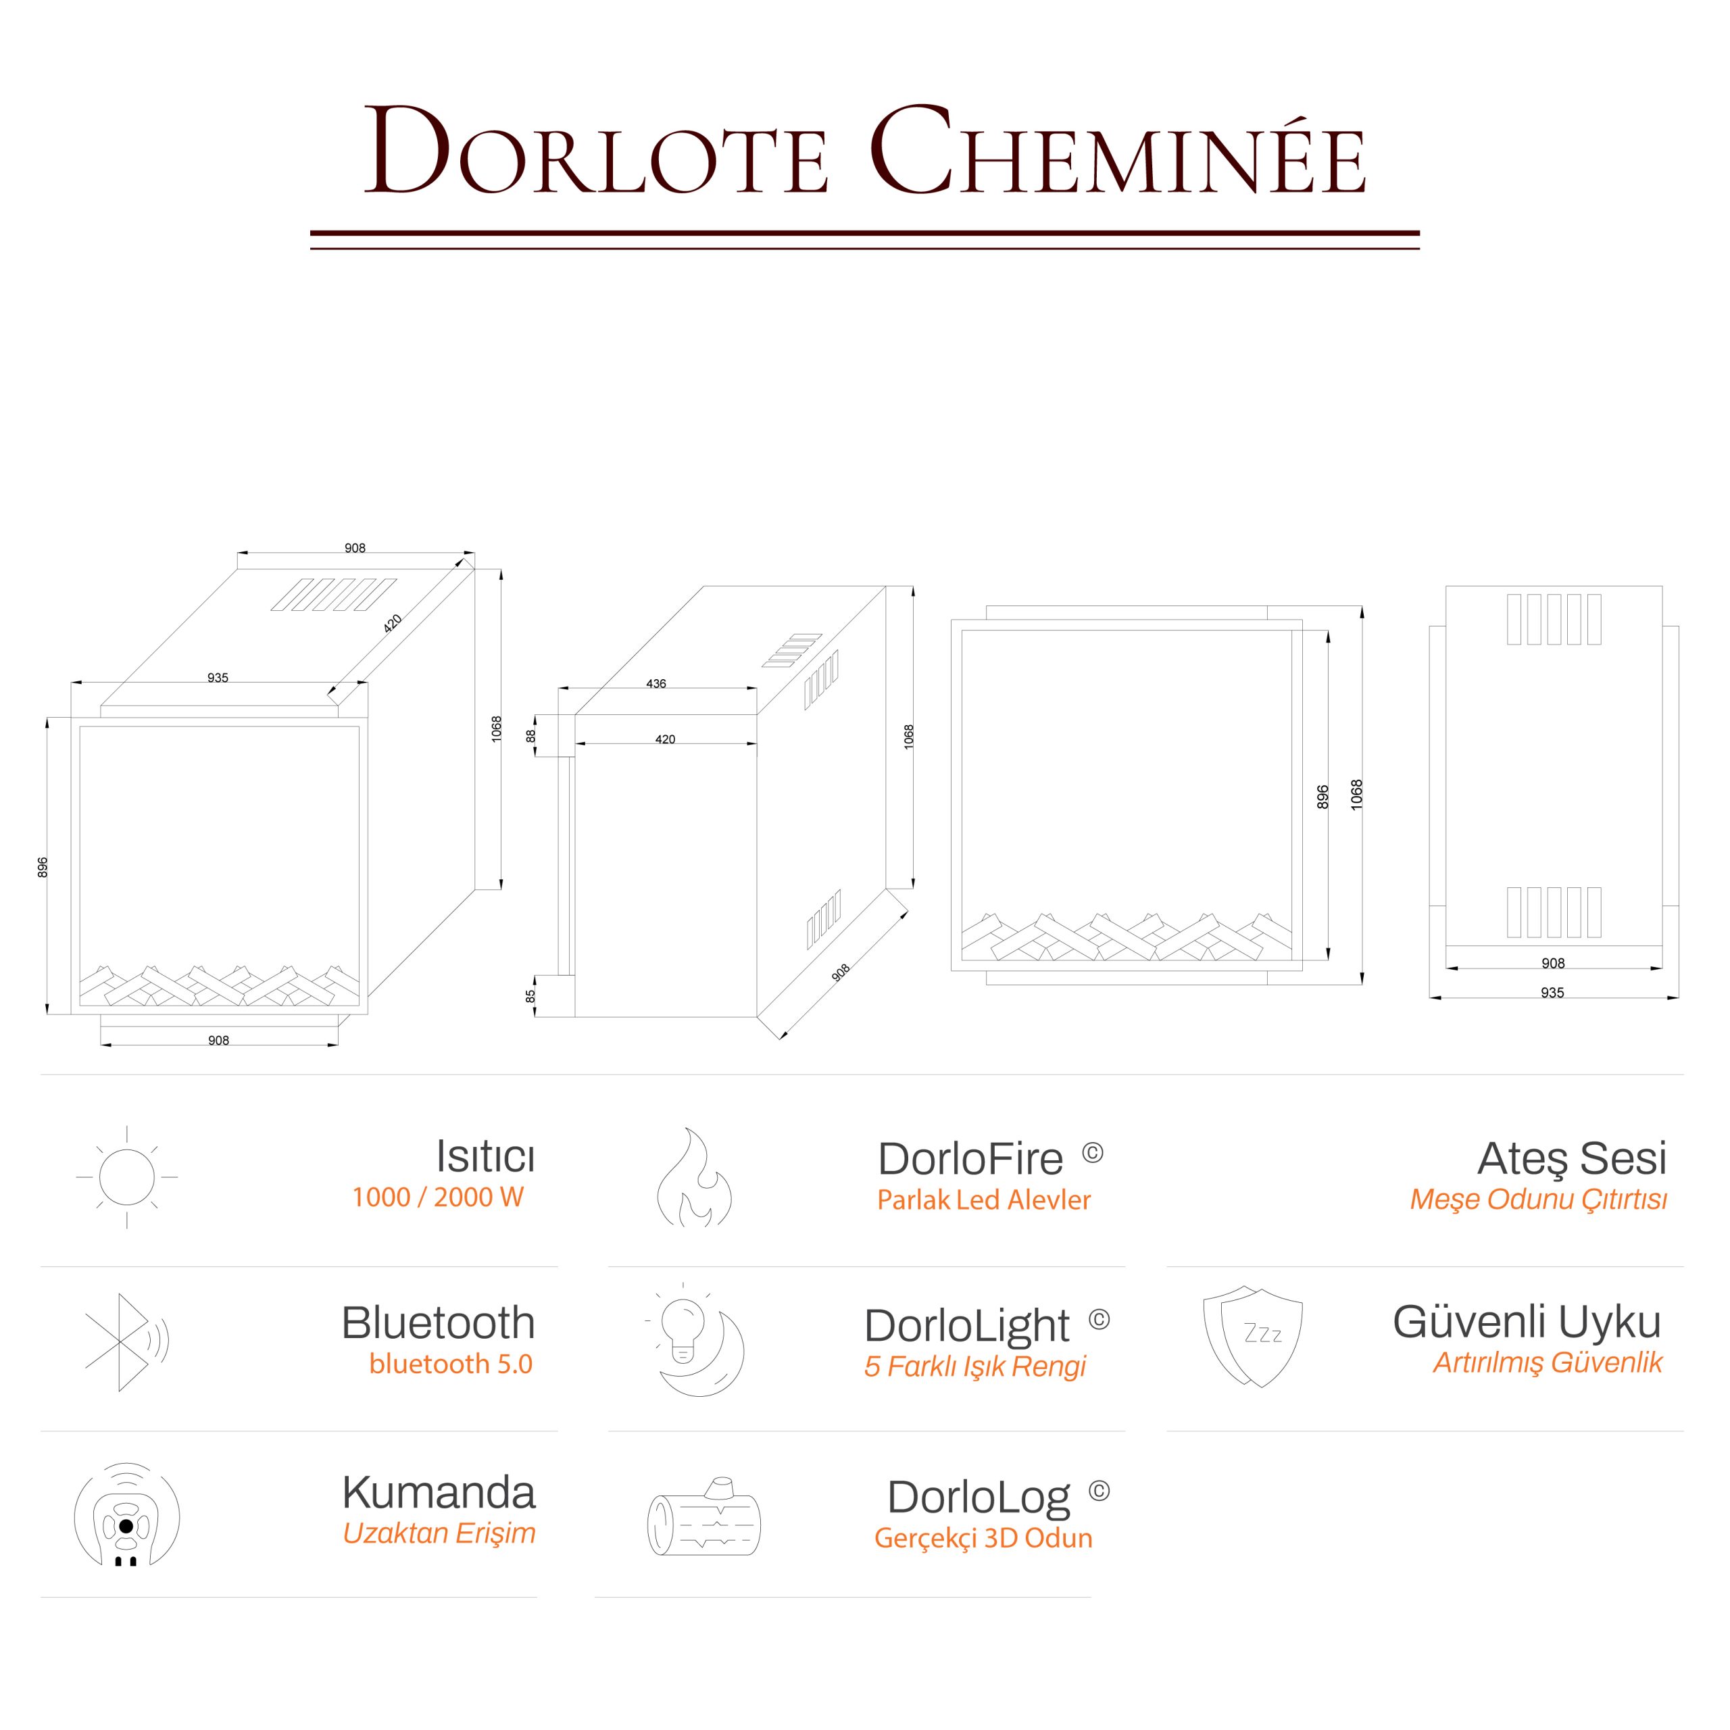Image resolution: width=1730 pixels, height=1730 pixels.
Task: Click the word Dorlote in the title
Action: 595,152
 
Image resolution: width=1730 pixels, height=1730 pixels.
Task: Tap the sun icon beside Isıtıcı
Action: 127,1177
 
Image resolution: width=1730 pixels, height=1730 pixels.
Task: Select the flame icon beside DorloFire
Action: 694,1177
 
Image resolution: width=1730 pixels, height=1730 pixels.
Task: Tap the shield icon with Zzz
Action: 1252,1335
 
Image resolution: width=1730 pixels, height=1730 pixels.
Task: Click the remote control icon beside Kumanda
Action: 126,1516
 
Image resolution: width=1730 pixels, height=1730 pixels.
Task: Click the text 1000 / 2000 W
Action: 437,1197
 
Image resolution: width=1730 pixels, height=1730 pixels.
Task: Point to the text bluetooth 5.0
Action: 451,1364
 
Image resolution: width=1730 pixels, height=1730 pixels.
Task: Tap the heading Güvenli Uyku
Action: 1527,1322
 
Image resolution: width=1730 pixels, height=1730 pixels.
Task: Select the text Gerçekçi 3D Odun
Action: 983,1538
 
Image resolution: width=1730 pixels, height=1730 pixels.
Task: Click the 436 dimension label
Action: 656,684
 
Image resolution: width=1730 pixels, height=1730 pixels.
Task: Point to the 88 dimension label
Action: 530,735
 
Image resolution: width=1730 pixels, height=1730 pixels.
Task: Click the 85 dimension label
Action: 530,995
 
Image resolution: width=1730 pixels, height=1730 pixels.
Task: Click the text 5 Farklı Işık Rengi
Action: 974,1366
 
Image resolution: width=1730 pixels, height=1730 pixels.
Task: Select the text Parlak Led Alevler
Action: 983,1200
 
